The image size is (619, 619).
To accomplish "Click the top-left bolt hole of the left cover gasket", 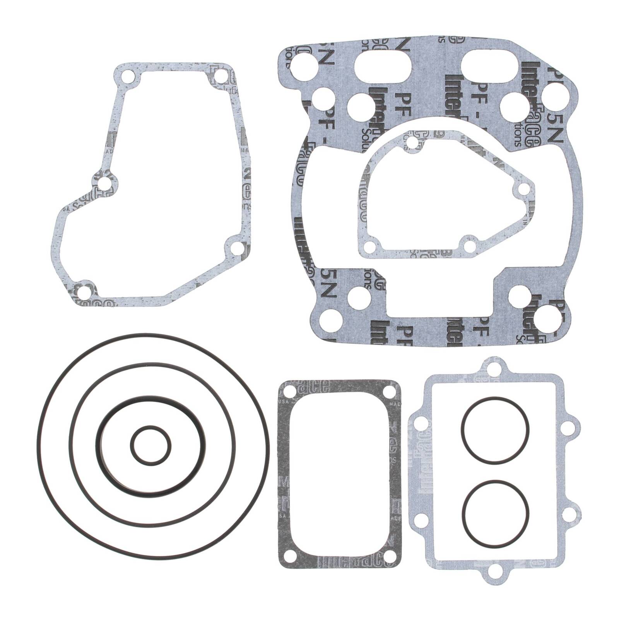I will (x=126, y=76).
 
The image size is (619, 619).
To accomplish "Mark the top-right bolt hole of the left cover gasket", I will (x=221, y=76).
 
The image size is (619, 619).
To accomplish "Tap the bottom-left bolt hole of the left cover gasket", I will (x=83, y=291).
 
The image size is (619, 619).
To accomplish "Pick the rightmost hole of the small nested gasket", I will (x=523, y=189).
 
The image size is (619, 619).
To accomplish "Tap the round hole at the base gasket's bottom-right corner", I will (x=547, y=319).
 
